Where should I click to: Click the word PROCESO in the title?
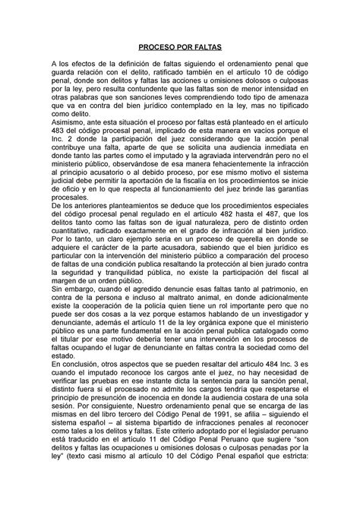[x=150, y=47]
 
